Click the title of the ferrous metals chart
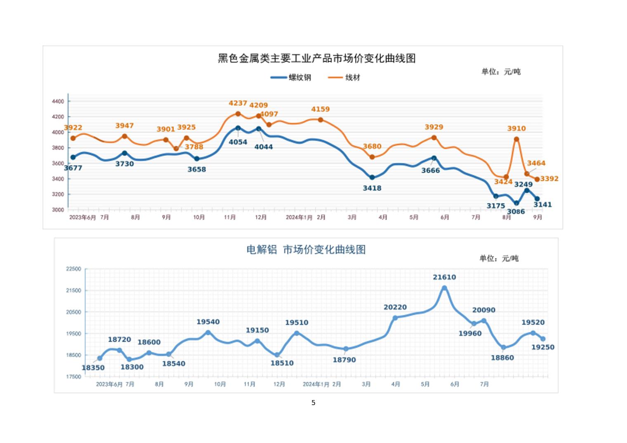(316, 59)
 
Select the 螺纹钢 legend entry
(291, 78)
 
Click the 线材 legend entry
(344, 78)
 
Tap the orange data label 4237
(238, 104)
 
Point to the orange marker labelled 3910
(516, 139)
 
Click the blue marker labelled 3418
(372, 177)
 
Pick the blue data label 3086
(516, 212)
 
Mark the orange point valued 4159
(321, 120)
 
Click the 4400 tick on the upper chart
(58, 101)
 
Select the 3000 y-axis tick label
(58, 210)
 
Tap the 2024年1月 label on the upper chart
(299, 217)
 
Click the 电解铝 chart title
(306, 250)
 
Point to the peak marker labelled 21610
(444, 288)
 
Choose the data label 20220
(395, 307)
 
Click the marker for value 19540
(208, 332)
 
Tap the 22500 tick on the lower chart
(74, 269)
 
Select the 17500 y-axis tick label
(74, 377)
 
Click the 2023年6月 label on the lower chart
(109, 384)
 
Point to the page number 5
(313, 403)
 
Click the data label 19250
(542, 347)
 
